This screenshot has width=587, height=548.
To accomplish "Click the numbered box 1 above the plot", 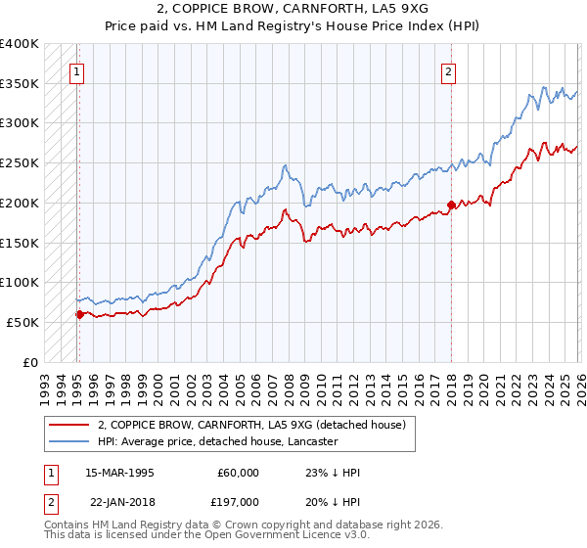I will (x=76, y=70).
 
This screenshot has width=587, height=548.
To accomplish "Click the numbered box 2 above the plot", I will (x=447, y=70).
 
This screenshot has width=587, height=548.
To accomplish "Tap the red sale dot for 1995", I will (x=79, y=314).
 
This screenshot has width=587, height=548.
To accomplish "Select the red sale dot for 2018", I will (x=450, y=205).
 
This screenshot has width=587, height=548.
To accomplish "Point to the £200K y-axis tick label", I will (x=20, y=203).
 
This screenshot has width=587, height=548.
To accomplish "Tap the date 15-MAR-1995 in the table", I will (x=117, y=473).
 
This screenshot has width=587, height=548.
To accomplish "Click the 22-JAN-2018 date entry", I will (x=117, y=500).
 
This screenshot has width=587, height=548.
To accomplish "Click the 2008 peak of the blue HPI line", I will (x=284, y=165).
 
